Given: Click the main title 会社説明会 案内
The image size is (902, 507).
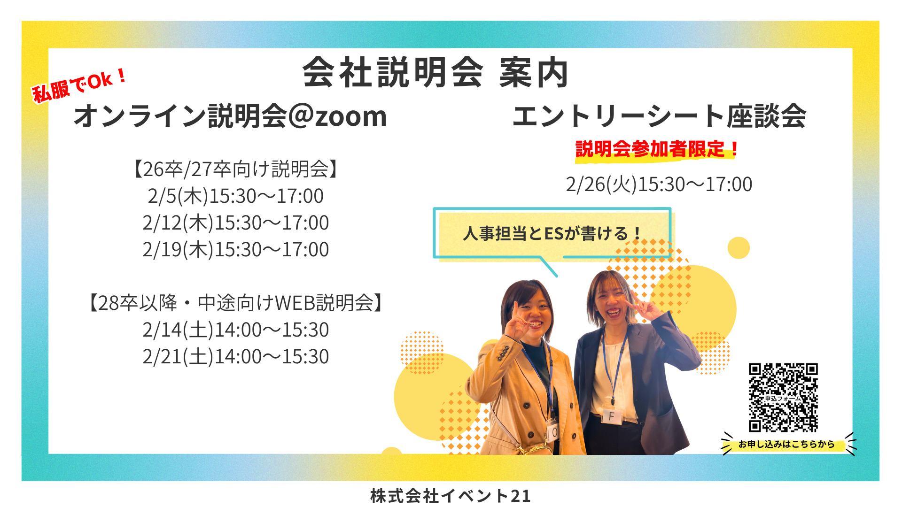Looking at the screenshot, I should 435,73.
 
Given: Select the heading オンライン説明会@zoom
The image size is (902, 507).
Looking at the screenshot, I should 230,116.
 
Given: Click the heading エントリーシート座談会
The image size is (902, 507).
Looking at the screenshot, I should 659,116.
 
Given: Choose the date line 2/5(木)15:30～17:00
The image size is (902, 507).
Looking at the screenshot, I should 235,196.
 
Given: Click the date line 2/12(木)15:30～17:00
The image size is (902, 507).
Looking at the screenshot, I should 235,223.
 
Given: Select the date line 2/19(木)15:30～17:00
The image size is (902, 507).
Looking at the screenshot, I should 235,250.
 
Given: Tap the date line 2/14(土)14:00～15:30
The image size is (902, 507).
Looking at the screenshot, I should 235,330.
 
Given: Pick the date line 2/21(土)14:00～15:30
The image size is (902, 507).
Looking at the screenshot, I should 235,357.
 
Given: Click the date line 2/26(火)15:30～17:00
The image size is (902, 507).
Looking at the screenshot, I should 659,184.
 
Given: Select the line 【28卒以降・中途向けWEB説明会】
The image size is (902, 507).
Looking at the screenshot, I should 235,303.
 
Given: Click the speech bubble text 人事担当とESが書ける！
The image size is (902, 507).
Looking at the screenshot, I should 552,233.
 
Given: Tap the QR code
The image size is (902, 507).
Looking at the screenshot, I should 783,397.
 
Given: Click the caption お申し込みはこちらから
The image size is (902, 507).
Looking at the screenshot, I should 786,444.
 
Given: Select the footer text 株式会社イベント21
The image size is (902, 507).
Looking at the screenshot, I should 450,496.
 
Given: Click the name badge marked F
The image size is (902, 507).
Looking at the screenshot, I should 611,415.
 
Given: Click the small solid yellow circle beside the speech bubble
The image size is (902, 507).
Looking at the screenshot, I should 739,248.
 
